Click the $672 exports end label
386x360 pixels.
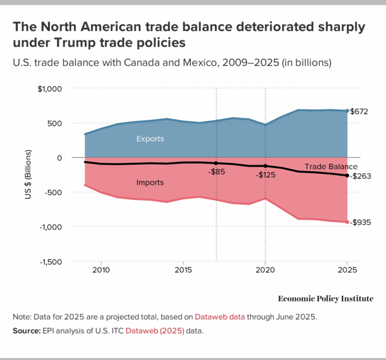pos(360,111)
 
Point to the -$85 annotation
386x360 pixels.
pos(216,172)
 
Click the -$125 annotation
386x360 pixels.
pos(265,176)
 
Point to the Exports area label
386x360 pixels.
pos(150,139)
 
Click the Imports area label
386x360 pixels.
pos(150,182)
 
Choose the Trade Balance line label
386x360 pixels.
pos(331,167)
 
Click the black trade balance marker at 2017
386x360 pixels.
pos(216,163)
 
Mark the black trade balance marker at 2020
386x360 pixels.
pos(265,166)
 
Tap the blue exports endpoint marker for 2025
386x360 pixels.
pos(347,111)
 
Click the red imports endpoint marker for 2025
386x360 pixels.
pos(347,222)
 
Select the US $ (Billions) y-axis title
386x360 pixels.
pos(28,174)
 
